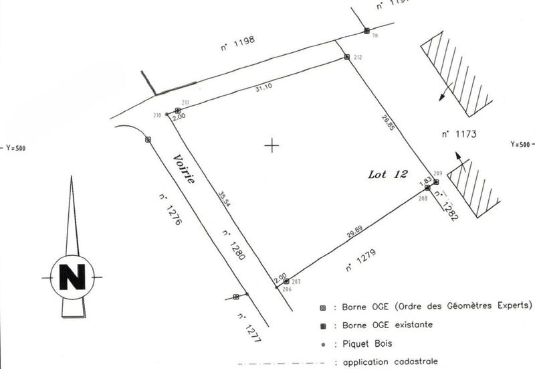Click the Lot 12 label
tap(388, 175)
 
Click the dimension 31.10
tap(266, 88)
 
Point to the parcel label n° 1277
tap(245, 327)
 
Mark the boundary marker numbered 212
tap(346, 58)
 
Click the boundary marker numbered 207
tap(286, 282)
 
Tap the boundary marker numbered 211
tap(178, 110)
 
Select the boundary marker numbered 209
tap(436, 181)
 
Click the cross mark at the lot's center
tap(271, 145)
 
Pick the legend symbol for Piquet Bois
tap(323, 345)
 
